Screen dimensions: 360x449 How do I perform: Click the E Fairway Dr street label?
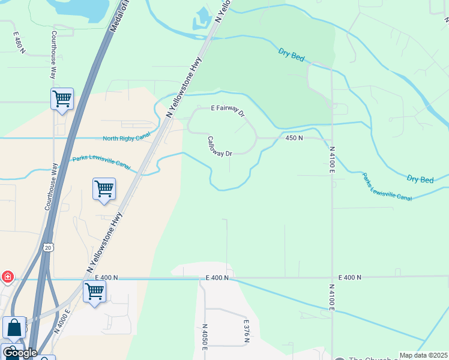coord(228,110)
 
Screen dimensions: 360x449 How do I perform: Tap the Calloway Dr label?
coord(220,146)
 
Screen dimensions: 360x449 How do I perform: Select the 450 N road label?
coord(294,138)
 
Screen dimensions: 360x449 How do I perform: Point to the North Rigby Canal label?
coord(126,139)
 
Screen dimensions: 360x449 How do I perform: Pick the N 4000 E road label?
coord(63,319)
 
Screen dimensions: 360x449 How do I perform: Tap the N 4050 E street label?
coord(205,340)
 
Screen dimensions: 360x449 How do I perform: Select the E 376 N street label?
coord(246,331)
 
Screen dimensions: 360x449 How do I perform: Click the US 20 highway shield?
coord(49,247)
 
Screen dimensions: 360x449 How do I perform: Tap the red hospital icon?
coord(7,277)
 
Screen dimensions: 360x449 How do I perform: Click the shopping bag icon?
coord(14,328)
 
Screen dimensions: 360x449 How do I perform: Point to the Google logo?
coord(20,353)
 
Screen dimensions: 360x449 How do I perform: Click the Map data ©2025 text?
coord(424,355)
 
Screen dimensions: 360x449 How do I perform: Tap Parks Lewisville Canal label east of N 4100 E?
coord(387,187)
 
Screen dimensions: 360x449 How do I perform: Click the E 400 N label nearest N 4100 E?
coord(350,277)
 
